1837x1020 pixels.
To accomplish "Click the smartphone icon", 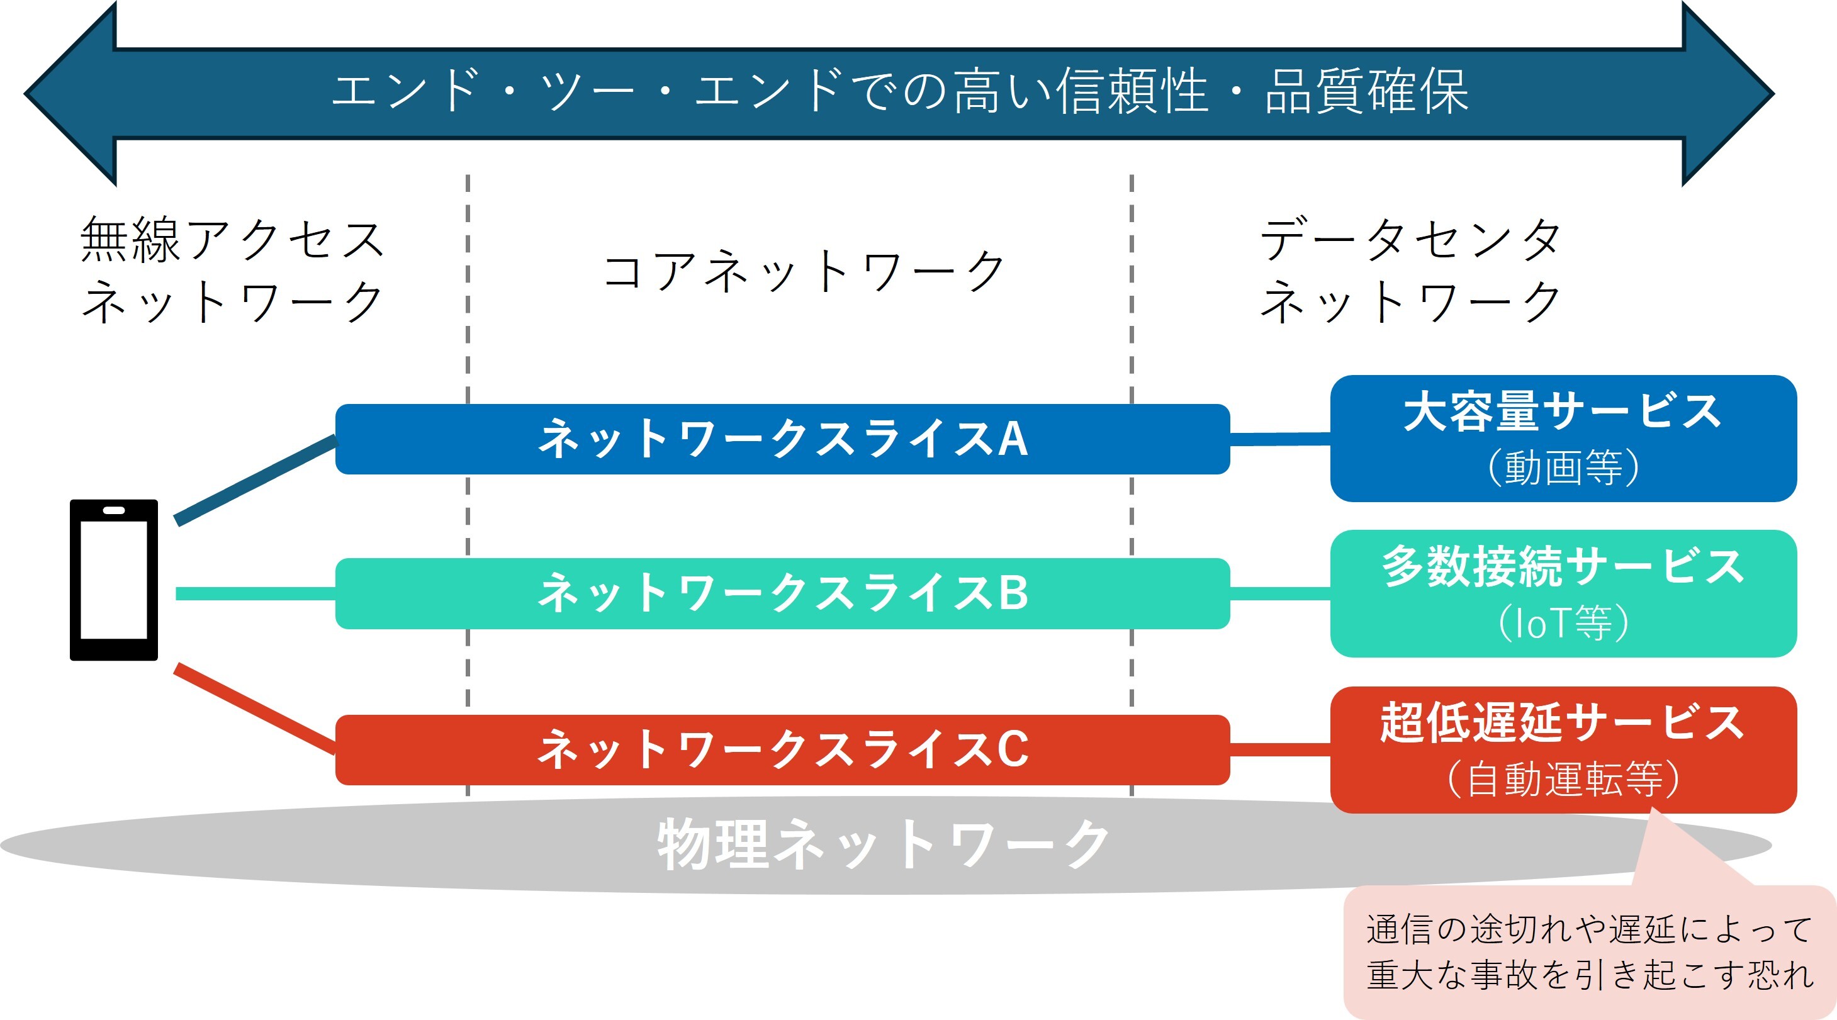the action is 113,580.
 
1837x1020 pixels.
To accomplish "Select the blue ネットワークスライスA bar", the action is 782,439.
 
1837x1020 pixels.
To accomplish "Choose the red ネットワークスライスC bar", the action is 782,750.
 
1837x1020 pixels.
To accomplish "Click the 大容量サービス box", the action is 1563,439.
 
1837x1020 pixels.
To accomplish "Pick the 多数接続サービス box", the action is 1563,593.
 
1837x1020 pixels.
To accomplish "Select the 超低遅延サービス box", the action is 1563,750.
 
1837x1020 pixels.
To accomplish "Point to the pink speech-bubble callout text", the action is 1589,951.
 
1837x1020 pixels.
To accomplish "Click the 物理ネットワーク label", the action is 883,844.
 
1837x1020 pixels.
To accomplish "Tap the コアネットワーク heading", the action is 804,272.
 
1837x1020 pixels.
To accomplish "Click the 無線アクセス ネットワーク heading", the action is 232,270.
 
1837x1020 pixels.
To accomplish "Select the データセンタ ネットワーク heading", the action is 1410,270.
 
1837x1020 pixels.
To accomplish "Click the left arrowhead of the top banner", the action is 70,93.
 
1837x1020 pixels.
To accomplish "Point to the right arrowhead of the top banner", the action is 1728,93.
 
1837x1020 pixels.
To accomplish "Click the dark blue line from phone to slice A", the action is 256,480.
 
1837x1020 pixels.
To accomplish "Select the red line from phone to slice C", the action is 255,708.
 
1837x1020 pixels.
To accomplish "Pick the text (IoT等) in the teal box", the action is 1563,623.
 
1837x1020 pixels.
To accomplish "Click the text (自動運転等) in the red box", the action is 1563,779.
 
